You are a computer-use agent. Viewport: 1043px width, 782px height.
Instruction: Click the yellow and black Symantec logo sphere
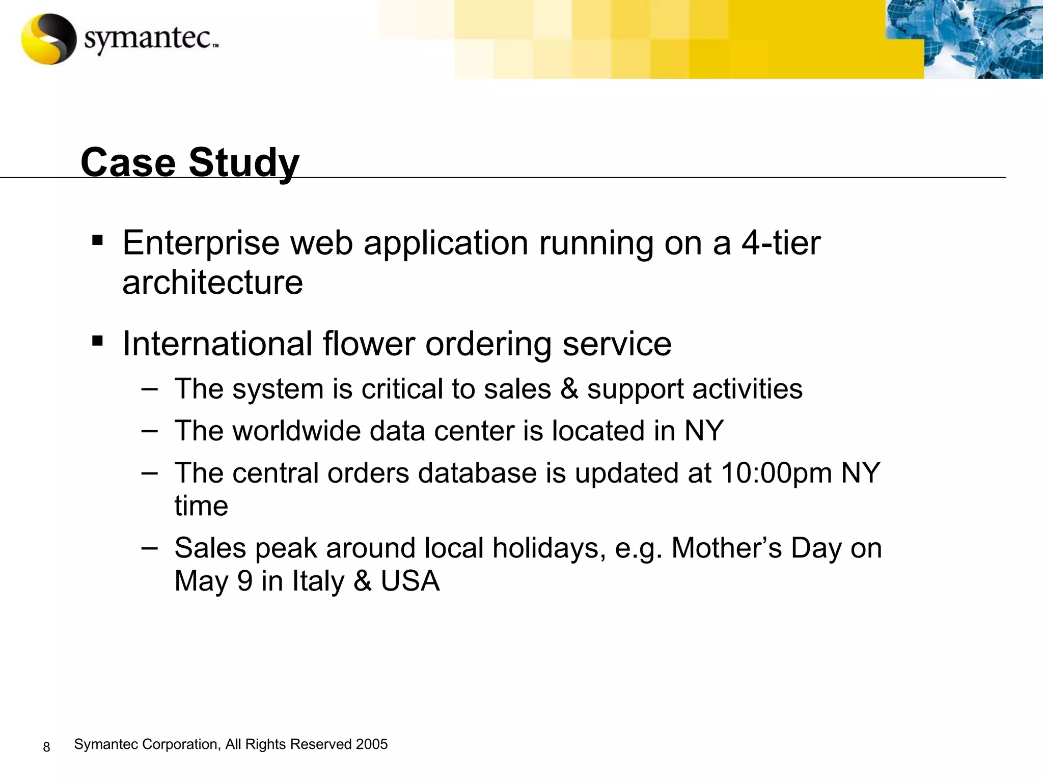point(48,39)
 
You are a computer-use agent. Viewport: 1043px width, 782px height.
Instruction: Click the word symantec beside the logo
point(148,39)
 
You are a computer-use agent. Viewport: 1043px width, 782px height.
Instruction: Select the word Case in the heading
point(128,163)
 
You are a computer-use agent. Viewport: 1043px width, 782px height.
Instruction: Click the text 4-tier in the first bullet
point(781,243)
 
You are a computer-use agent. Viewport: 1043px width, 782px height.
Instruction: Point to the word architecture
point(212,283)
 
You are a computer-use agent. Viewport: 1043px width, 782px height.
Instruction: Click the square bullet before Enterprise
point(97,239)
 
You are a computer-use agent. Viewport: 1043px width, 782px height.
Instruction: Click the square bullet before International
point(97,340)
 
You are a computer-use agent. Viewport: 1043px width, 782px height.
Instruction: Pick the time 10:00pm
point(776,473)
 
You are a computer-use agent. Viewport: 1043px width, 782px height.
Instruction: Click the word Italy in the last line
point(318,581)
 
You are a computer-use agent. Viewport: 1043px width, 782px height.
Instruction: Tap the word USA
point(410,581)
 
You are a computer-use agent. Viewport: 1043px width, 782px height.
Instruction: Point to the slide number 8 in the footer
point(46,747)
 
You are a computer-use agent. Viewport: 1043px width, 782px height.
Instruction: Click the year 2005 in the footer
point(372,744)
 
